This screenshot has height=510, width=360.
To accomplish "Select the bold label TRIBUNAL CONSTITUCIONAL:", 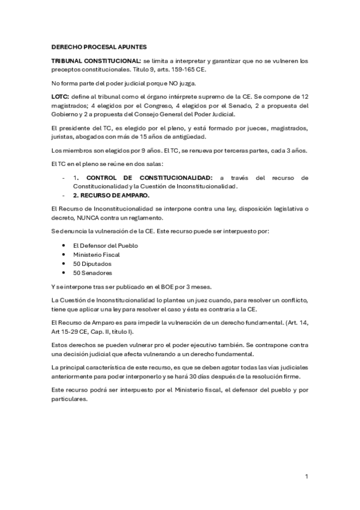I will (x=96, y=61).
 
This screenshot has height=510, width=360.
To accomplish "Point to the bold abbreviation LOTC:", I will (x=61, y=96).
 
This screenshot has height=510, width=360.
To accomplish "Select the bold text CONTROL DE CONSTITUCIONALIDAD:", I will (x=150, y=179).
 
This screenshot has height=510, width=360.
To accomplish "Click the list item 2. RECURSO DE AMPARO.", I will (x=112, y=196).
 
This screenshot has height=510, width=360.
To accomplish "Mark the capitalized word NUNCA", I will (x=82, y=218).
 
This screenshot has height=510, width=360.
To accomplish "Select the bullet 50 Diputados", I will (x=92, y=263).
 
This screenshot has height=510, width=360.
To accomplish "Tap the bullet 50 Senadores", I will (x=92, y=272).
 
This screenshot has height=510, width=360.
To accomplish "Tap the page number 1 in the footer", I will (x=307, y=476).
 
